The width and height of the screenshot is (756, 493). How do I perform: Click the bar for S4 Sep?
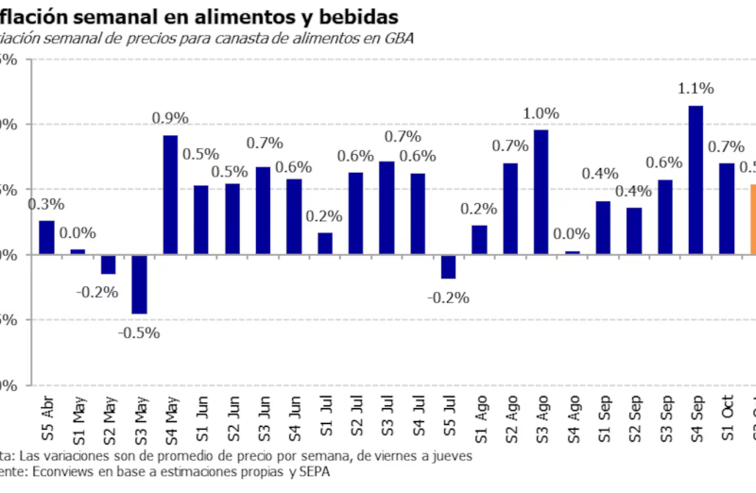[x=696, y=179]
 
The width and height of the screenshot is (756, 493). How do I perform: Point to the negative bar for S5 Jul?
[x=448, y=266]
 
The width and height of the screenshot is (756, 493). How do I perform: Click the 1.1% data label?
[x=696, y=89]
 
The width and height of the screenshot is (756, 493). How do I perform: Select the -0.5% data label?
[x=139, y=332]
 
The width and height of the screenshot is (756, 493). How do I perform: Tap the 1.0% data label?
[x=541, y=113]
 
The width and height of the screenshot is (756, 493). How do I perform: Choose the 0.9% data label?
[x=170, y=119]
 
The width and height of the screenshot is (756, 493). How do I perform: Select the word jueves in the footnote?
[x=448, y=455]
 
